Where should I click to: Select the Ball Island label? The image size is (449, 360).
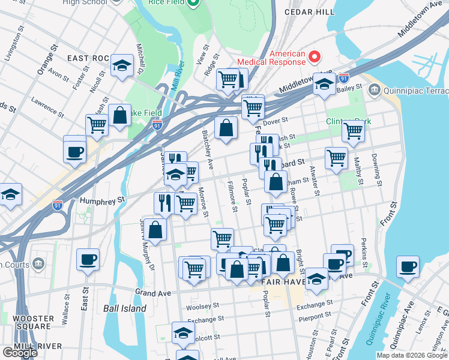click(124, 308)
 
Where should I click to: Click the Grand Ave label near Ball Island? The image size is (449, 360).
click(154, 293)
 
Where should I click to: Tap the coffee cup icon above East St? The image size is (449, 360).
click(88, 259)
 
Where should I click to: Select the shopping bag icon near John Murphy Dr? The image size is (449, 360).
click(155, 229)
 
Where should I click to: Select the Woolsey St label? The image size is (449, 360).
click(199, 307)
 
